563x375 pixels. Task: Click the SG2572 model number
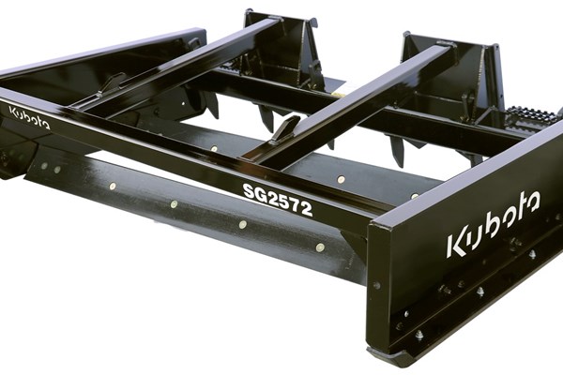point(278,200)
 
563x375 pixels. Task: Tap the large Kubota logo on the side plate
point(493,225)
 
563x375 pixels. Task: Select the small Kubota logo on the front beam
point(29,117)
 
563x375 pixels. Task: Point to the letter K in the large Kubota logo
point(456,246)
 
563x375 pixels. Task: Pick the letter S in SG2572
point(249,190)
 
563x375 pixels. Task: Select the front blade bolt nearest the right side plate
point(320,247)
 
